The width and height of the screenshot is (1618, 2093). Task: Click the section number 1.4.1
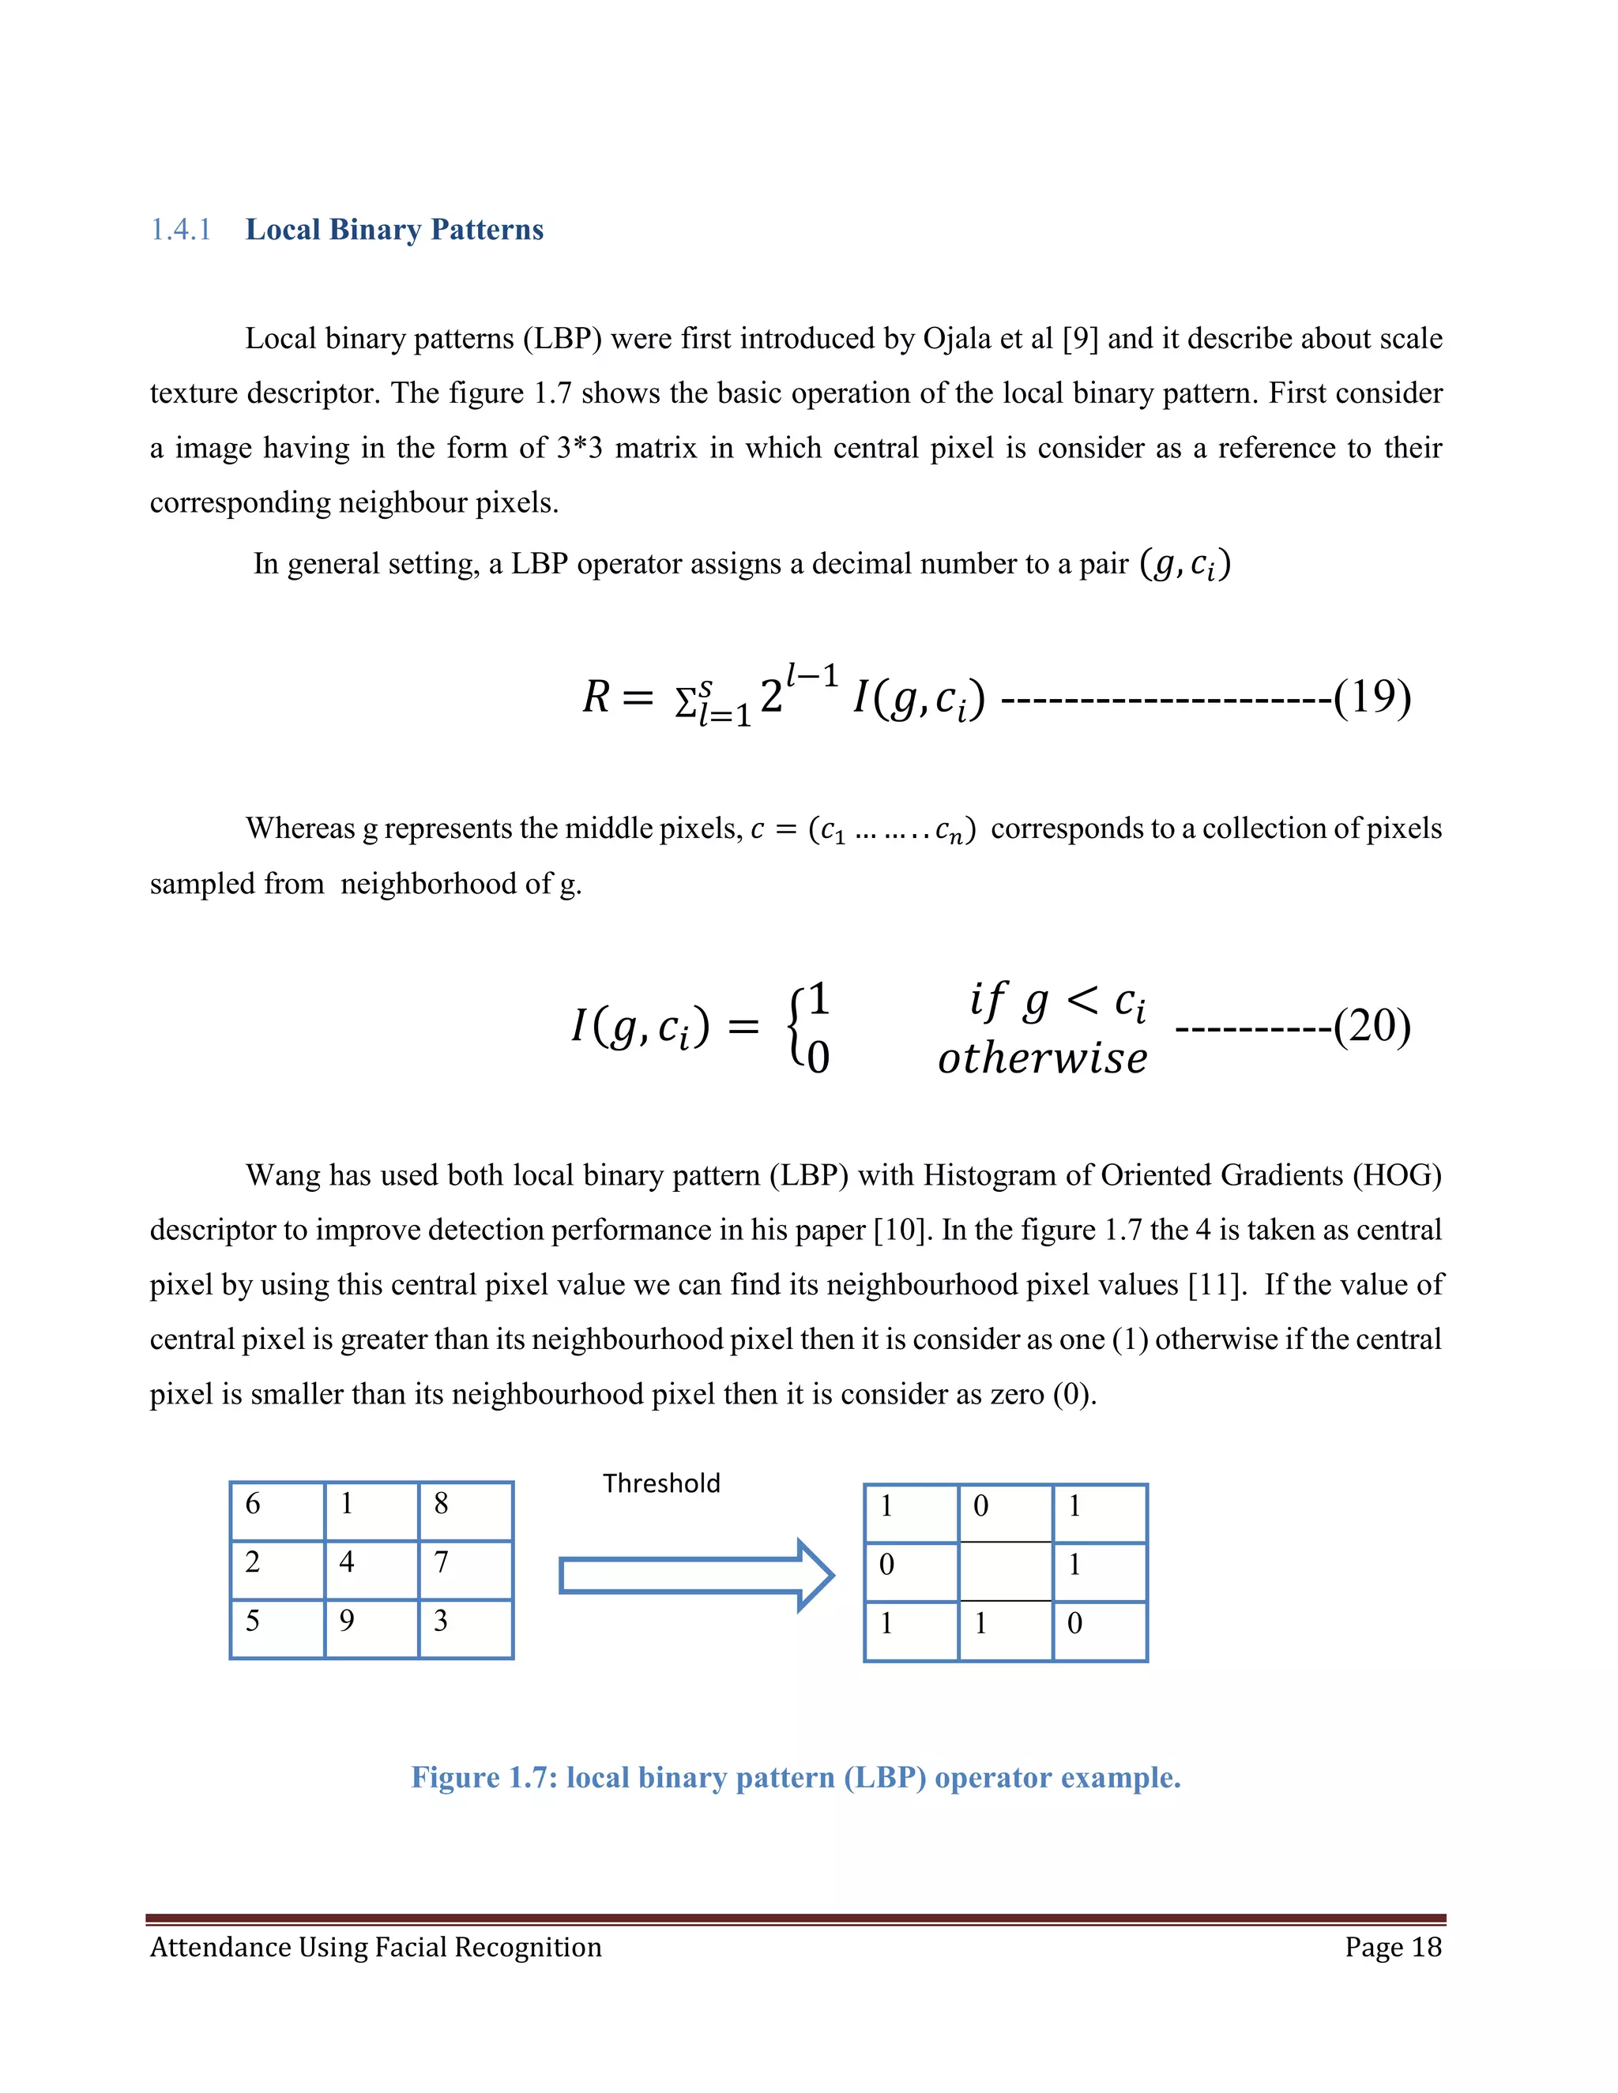[180, 230]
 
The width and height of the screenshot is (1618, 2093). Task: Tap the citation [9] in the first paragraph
[1080, 338]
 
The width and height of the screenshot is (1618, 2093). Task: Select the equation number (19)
[1372, 697]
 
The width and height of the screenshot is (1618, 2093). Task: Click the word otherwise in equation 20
[1042, 1058]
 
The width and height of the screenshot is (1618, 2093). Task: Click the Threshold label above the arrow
[661, 1483]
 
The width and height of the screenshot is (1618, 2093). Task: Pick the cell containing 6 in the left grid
[277, 1511]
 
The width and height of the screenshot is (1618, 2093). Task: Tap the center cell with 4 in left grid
[371, 1570]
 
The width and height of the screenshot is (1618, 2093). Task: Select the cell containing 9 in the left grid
[371, 1629]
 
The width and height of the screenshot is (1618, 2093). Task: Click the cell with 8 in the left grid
[465, 1511]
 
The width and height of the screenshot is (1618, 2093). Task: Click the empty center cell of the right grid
[1006, 1572]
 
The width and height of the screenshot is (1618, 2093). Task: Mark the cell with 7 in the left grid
[465, 1570]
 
